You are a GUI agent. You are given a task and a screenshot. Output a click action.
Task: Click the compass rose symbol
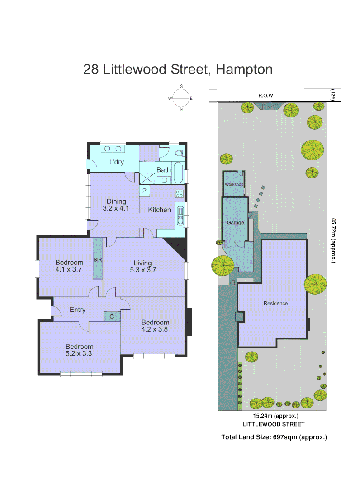[x=181, y=98]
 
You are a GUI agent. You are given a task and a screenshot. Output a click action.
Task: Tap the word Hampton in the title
[x=244, y=70]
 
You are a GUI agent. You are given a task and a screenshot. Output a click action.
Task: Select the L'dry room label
[x=117, y=162]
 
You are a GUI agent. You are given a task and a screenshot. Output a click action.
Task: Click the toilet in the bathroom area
[x=177, y=153]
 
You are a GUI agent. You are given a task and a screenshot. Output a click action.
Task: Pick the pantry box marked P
[x=144, y=191]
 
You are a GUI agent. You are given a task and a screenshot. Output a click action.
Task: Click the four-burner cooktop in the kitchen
[x=179, y=194]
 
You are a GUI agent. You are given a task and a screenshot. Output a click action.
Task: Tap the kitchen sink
[x=180, y=216]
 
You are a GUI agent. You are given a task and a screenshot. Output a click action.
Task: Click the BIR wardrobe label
[x=98, y=260]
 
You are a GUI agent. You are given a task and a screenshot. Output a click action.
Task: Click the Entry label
[x=77, y=310]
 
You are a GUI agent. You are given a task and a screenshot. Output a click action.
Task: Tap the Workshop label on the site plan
[x=234, y=185]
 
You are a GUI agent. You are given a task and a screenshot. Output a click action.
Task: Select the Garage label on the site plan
[x=235, y=222]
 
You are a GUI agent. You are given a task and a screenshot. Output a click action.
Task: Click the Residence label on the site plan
[x=275, y=303]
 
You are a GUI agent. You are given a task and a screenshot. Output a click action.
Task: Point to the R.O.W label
[x=265, y=96]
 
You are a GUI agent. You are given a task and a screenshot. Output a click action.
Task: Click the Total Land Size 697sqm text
[x=274, y=437]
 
